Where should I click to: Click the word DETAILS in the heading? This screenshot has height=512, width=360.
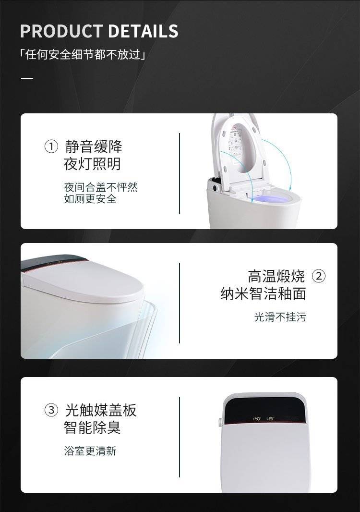[143, 31]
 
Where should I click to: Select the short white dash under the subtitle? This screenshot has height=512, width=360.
[27, 78]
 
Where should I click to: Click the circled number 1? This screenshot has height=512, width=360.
[51, 146]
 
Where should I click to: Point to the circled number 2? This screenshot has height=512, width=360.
[319, 276]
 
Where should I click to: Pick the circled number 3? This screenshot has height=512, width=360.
[51, 410]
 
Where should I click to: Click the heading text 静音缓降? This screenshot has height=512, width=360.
[93, 146]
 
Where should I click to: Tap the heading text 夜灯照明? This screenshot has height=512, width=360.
[92, 164]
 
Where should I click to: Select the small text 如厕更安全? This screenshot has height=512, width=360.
[90, 198]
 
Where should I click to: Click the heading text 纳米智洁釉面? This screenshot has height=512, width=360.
[263, 293]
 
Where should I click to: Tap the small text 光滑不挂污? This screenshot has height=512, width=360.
[280, 317]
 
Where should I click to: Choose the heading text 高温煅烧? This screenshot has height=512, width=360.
[276, 276]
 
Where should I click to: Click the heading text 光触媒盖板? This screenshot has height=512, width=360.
[100, 410]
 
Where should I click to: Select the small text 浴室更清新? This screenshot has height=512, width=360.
[90, 451]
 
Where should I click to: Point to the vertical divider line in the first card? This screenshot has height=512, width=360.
[180, 173]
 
